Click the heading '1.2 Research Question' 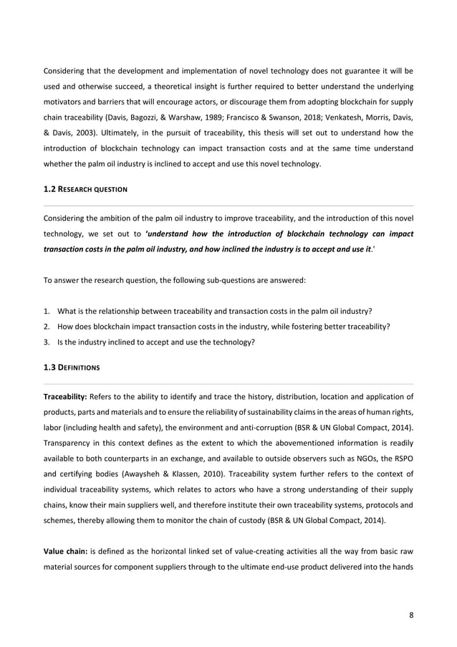pos(86,189)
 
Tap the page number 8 pos(410,613)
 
